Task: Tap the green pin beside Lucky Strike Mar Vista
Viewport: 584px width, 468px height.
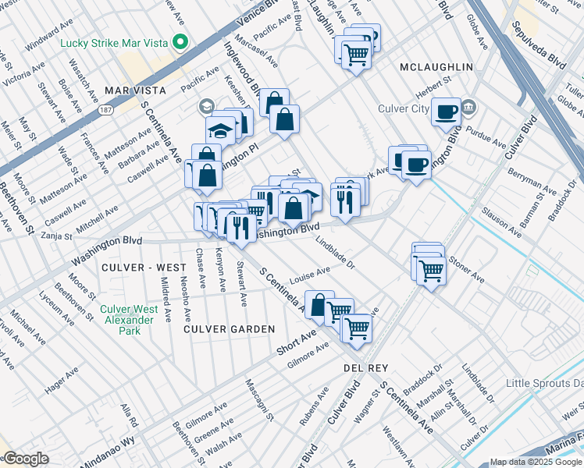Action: coord(181,41)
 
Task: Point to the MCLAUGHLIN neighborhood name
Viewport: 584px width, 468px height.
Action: coord(436,67)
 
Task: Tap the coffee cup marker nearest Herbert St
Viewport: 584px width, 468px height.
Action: coord(447,112)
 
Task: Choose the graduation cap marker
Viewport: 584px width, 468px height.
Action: coord(221,132)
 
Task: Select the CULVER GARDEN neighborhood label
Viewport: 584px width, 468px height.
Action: coord(229,329)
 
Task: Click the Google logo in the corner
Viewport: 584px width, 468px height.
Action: coord(26,459)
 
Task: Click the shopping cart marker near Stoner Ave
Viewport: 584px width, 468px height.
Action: coord(430,270)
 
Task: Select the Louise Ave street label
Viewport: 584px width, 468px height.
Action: coord(311,276)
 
